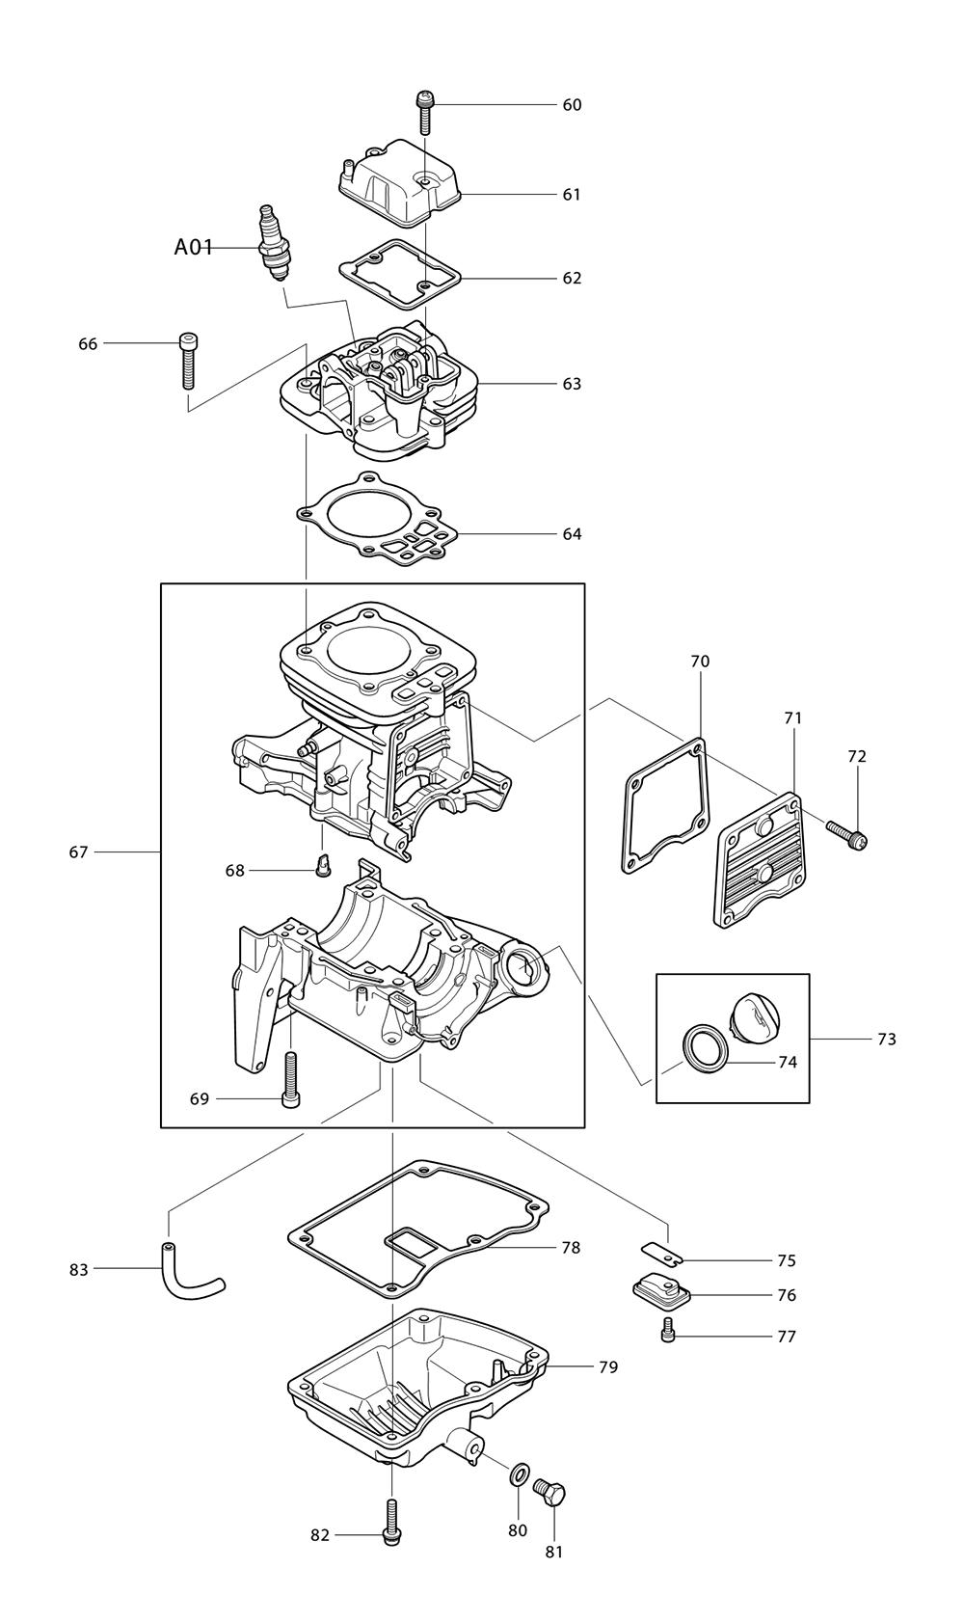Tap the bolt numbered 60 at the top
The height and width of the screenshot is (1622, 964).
pos(424,113)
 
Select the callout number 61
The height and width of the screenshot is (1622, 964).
pos(572,195)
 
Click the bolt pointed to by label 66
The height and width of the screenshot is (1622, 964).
pos(188,360)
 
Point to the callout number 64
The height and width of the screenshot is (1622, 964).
pos(572,534)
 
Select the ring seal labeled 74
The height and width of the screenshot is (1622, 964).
pos(701,1048)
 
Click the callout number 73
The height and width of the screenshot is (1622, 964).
pos(887,1040)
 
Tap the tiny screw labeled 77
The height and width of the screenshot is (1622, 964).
pos(667,1335)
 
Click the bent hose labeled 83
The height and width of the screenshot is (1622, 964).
pos(187,1273)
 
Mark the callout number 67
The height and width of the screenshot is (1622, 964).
pos(78,852)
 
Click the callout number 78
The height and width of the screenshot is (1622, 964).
pos(571,1248)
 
